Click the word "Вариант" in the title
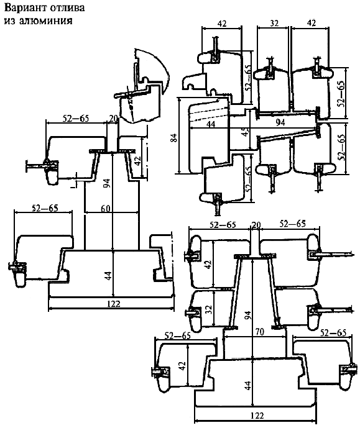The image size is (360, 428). pyautogui.click(x=25, y=8)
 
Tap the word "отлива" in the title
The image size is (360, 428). pyautogui.click(x=67, y=8)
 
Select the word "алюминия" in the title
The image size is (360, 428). pyautogui.click(x=45, y=20)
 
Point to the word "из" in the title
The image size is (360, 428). pyautogui.click(x=9, y=20)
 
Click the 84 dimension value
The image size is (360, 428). pyautogui.click(x=174, y=138)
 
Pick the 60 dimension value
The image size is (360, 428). pyautogui.click(x=106, y=208)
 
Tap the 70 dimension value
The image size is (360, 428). pyautogui.click(x=259, y=332)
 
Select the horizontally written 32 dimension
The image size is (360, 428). pyautogui.click(x=274, y=23)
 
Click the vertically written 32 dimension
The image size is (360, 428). pyautogui.click(x=208, y=309)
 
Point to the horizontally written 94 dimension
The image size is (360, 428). pyautogui.click(x=280, y=123)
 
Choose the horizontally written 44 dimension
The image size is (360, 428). pyautogui.click(x=211, y=124)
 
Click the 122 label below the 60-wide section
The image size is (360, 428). pyautogui.click(x=114, y=304)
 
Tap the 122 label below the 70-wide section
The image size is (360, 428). pyautogui.click(x=257, y=416)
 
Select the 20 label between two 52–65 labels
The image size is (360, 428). pyautogui.click(x=256, y=225)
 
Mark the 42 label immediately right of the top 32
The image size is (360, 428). pyautogui.click(x=311, y=23)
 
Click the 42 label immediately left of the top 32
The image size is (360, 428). pyautogui.click(x=222, y=24)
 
